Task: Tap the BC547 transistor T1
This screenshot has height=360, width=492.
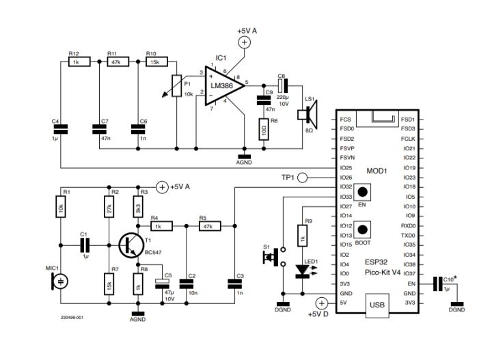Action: coord(129,245)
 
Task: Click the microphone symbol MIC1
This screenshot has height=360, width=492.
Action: coord(61,281)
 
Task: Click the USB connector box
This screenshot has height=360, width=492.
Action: coord(377,305)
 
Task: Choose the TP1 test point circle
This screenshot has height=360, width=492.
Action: coord(303,178)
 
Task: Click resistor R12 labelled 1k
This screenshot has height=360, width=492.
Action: coord(75,61)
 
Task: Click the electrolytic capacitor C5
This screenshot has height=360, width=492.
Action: coord(161,281)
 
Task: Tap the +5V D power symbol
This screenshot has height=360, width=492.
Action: coord(320,302)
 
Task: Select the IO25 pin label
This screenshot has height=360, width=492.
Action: coord(345,167)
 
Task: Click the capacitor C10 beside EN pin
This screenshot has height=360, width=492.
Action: coord(437,283)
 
